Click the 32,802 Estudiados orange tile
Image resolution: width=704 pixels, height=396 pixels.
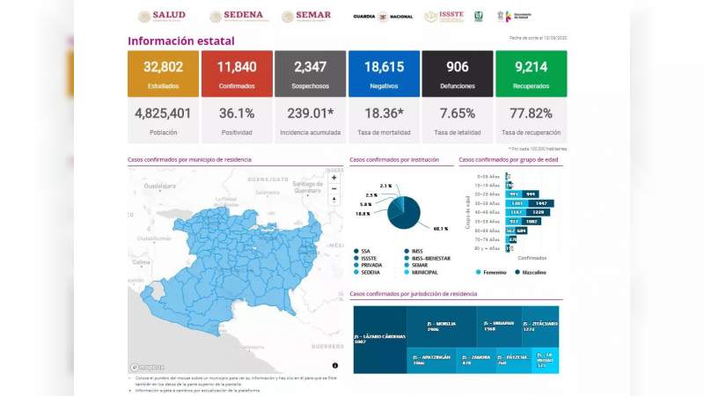[163, 73]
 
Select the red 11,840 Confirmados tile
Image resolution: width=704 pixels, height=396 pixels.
[236, 73]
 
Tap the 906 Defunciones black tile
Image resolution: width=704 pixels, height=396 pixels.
[457, 73]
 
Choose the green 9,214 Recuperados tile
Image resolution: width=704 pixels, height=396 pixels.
[531, 73]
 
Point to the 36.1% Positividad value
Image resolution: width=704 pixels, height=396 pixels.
[236, 114]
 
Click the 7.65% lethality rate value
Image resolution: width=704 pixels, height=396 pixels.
[457, 114]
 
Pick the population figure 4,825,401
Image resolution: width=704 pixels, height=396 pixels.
[163, 114]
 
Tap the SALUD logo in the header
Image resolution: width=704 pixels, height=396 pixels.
[162, 16]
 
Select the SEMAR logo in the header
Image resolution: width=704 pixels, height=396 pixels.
[306, 16]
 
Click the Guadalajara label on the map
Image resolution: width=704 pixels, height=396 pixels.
[160, 187]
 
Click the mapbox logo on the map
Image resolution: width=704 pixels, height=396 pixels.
[147, 367]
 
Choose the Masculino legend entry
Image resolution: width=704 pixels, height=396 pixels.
[533, 272]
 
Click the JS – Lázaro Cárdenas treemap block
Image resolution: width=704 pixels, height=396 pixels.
[378, 340]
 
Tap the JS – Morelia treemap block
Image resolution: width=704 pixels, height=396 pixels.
[442, 326]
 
